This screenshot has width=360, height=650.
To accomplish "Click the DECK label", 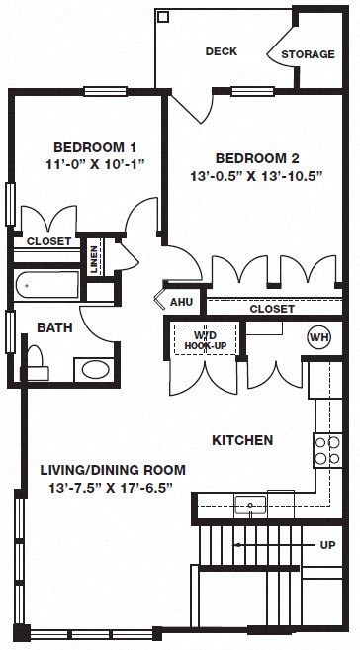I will [221, 51].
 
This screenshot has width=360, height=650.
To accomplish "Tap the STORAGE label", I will [308, 54].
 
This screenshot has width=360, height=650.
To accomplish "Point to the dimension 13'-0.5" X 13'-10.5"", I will [257, 178].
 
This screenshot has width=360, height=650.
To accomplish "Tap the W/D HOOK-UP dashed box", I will [205, 312].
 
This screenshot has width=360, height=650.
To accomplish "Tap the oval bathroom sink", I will [95, 370].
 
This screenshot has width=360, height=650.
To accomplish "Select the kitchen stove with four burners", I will [327, 450].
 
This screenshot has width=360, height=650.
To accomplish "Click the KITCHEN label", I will [242, 440].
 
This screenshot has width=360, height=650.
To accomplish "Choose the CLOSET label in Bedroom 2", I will [271, 281].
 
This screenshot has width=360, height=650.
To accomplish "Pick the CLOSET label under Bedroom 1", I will [46, 240].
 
